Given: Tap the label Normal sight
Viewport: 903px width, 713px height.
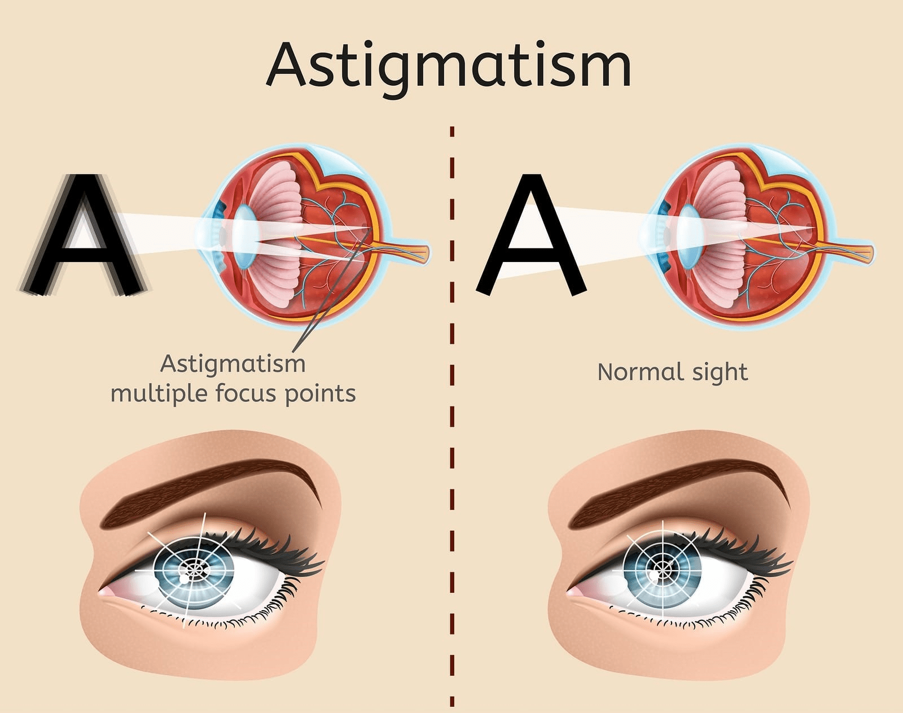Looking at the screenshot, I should (x=672, y=372).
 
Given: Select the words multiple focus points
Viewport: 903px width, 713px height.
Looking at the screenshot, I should (x=233, y=393).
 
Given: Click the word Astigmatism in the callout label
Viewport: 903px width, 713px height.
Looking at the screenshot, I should (x=233, y=364).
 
